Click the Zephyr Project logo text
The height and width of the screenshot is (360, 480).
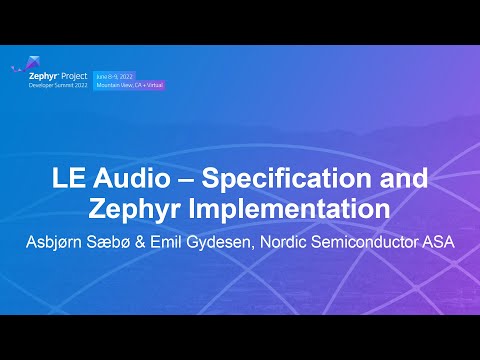point(60,76)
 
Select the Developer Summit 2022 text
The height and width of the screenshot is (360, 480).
point(60,86)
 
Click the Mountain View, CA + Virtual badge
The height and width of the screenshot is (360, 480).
point(130,85)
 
